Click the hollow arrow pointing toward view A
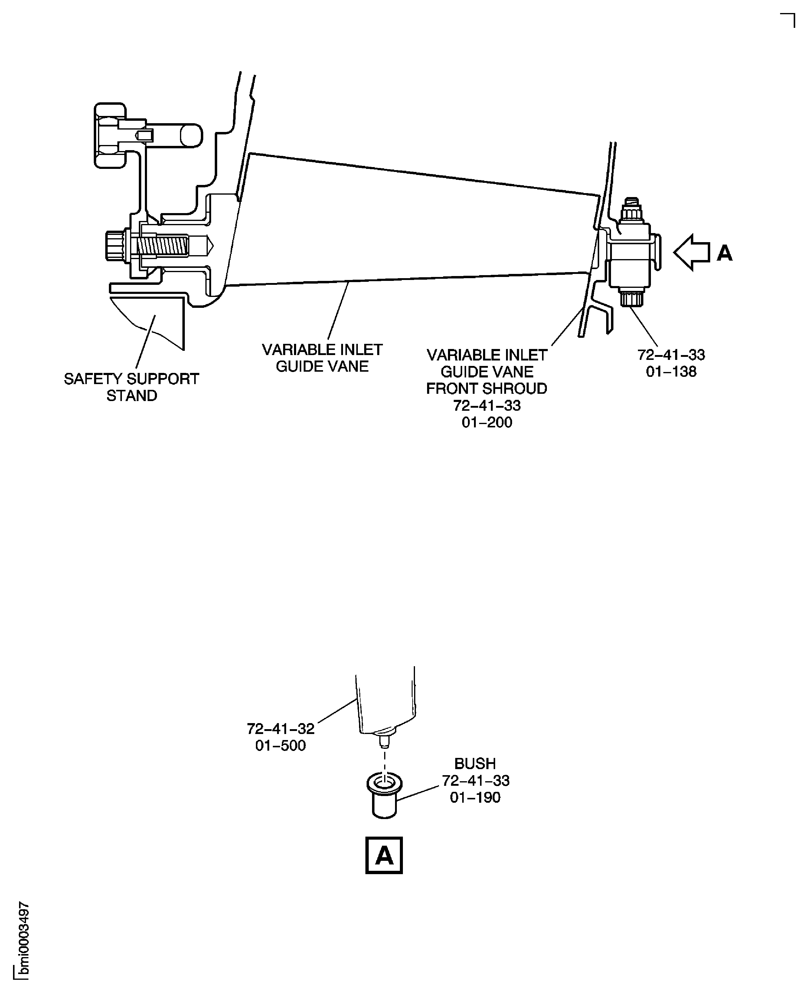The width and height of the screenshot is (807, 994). pos(691,252)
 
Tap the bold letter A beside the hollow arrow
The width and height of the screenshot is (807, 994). pos(725,254)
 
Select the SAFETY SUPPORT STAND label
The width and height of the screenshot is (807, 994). pos(132,387)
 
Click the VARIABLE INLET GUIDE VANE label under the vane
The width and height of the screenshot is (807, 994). pos(322,358)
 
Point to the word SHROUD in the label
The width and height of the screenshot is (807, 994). pos(518,388)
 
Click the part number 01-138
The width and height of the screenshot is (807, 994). pos(671,372)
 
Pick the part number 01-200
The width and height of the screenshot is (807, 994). pos(487,422)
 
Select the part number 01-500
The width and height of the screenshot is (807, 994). pos(280,745)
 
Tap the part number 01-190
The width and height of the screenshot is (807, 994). pos(475,797)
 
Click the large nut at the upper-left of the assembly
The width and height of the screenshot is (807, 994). pos(110,135)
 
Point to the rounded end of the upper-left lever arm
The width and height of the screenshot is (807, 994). pos(191,135)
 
